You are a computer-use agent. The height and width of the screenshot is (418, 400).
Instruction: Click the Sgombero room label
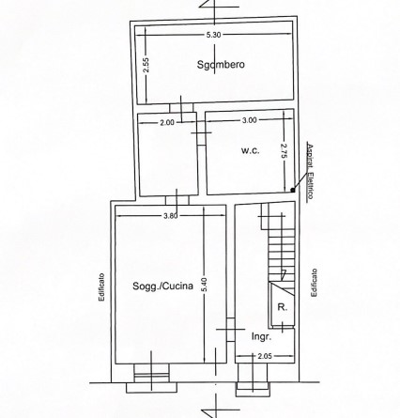[221, 65]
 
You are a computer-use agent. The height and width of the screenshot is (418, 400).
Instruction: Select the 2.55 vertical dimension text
[146, 66]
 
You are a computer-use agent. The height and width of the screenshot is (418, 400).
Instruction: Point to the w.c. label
[251, 150]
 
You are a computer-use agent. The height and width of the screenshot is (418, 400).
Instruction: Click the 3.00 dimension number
[250, 120]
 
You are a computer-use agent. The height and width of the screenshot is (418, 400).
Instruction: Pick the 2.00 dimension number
[167, 122]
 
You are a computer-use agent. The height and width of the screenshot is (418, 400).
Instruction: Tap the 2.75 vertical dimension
[284, 152]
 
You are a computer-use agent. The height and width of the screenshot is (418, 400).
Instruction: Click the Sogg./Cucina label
[162, 286]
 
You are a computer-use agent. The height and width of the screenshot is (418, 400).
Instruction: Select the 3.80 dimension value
[171, 215]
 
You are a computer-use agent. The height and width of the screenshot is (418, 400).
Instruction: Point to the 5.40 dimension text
[205, 285]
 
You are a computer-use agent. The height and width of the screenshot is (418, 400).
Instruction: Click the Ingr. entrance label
[261, 337]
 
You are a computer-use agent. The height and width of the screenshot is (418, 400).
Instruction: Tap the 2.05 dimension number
[265, 356]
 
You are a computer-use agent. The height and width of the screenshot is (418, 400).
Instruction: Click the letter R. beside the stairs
[283, 307]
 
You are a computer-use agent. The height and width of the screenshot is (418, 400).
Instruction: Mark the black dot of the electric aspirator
[293, 190]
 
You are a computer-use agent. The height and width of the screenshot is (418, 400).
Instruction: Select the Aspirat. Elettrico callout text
[310, 172]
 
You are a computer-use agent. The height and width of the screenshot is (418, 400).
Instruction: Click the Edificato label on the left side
[101, 287]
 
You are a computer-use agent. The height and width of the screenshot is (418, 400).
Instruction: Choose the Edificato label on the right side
[314, 283]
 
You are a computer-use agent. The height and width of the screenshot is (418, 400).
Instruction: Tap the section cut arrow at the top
[208, 4]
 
